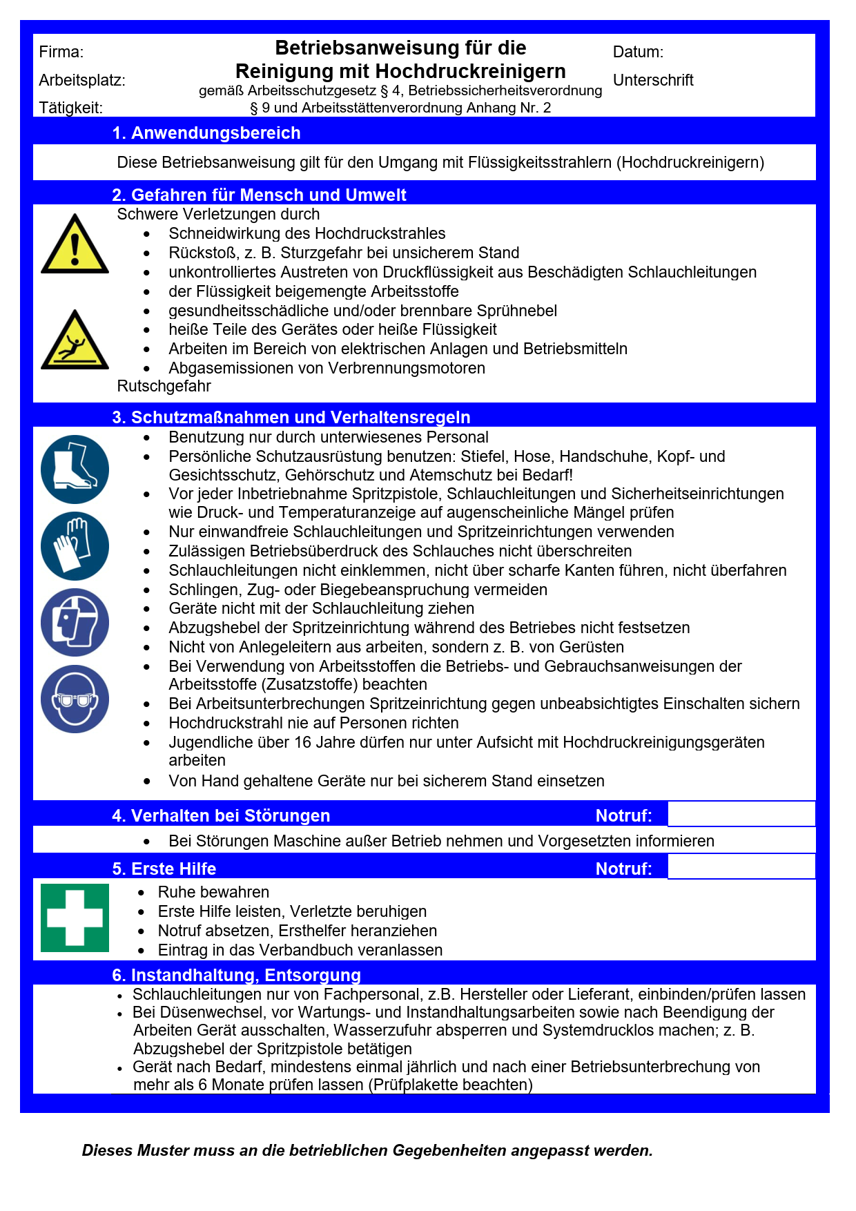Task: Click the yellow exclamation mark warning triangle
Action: click(x=75, y=246)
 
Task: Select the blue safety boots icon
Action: click(x=75, y=469)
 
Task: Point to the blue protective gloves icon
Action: click(x=75, y=546)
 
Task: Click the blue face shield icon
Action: click(x=75, y=622)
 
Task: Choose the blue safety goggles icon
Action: click(x=75, y=699)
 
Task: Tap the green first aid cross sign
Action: click(x=75, y=918)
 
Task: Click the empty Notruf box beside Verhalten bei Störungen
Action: click(x=741, y=814)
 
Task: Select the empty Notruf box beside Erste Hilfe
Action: click(x=741, y=867)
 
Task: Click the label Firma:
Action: click(x=61, y=52)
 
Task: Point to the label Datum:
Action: click(x=638, y=52)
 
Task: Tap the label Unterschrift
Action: click(x=653, y=80)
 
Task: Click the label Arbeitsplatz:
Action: click(x=82, y=80)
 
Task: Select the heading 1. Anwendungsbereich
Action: click(x=206, y=133)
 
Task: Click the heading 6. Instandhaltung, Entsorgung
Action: click(x=236, y=975)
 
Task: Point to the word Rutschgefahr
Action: click(x=164, y=386)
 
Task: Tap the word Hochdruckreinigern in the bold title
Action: click(x=470, y=71)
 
